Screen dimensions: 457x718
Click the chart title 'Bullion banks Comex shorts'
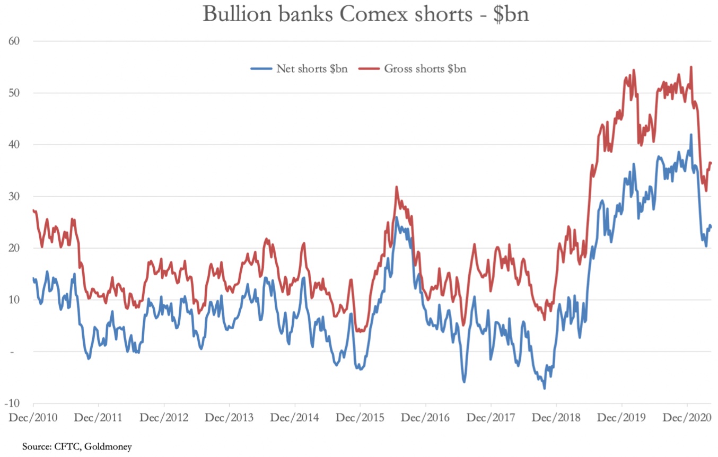(x=365, y=14)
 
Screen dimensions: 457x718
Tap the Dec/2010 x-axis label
(x=33, y=417)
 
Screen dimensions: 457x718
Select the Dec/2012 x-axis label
(x=164, y=417)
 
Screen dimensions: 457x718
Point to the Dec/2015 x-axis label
(x=360, y=417)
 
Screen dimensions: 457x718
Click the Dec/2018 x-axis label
(x=556, y=417)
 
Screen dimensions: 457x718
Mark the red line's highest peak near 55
(x=691, y=67)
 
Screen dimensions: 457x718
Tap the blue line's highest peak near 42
(x=691, y=135)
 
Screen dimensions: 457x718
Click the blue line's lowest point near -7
(x=544, y=389)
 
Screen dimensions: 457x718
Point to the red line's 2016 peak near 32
(x=396, y=187)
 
